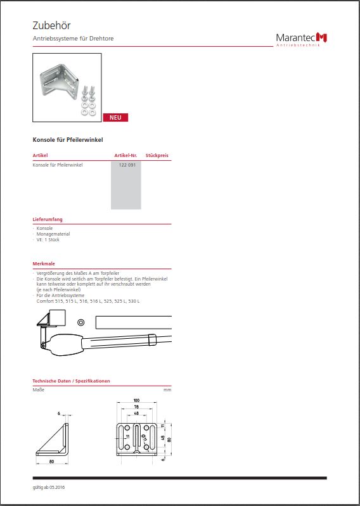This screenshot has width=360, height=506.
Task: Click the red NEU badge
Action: point(115,117)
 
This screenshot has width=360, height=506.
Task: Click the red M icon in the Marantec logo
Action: point(321,37)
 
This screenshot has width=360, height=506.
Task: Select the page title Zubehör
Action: point(52,25)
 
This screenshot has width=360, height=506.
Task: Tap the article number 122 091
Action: point(127,165)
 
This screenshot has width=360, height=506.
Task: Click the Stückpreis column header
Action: point(157,156)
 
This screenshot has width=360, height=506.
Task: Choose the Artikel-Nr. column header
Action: point(126,156)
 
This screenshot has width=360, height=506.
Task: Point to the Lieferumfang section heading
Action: point(48,220)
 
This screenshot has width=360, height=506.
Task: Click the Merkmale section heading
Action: point(44,263)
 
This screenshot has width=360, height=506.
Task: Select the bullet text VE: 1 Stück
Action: point(48,240)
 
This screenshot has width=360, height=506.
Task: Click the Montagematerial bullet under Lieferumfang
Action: point(53,234)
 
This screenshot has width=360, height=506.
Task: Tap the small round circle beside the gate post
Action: point(80,322)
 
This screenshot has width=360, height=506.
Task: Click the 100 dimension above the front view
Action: point(136,400)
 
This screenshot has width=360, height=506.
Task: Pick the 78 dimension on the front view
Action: point(136,407)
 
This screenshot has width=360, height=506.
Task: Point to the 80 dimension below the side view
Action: point(52,462)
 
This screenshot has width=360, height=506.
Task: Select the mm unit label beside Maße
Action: point(167,390)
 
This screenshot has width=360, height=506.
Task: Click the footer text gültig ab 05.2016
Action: point(48,487)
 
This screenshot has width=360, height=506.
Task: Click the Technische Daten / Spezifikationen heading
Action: point(71,381)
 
